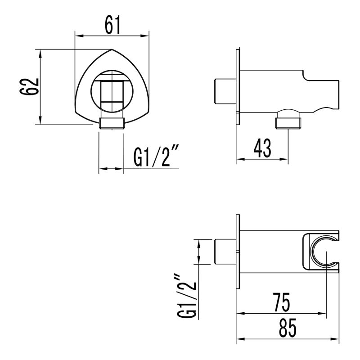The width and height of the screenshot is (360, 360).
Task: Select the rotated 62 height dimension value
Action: pos(30,87)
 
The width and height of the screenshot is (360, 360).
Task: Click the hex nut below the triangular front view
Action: pos(111,123)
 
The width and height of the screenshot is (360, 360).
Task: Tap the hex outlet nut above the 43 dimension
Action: pos(289,121)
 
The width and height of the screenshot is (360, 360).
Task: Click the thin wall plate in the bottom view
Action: pos(237,252)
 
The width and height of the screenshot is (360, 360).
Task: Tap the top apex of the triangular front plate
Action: pos(112,49)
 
